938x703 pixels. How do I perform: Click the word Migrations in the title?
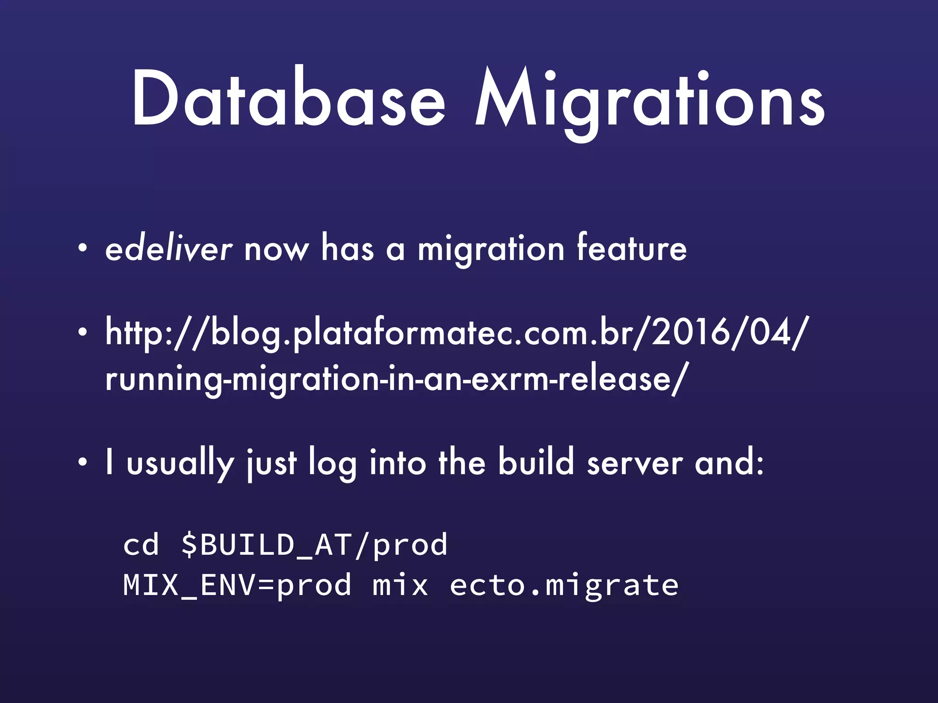tap(649, 101)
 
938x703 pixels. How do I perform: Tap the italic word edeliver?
tap(169, 249)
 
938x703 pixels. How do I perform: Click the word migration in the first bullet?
tap(491, 251)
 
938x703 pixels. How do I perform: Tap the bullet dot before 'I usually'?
tap(82, 463)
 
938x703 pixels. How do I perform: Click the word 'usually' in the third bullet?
tap(180, 464)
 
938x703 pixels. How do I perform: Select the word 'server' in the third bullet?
tap(634, 464)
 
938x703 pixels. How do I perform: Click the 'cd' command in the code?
tap(141, 545)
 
